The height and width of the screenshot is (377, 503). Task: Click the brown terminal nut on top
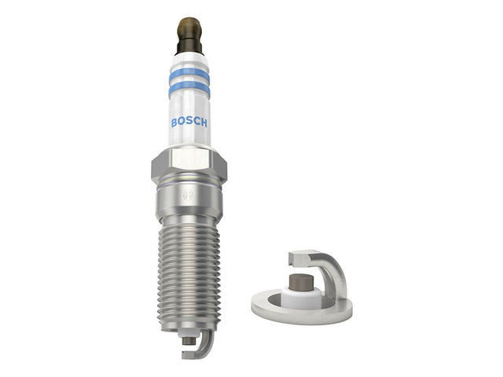pos(189,27)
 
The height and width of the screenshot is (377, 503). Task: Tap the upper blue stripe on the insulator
pos(189,75)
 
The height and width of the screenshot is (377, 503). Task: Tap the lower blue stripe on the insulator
pos(189,88)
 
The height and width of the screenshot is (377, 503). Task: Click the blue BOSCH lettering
pos(189,123)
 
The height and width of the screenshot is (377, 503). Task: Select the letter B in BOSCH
pos(174,123)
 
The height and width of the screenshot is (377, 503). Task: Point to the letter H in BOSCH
pos(204,122)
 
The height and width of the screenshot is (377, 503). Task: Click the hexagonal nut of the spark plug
pos(189,165)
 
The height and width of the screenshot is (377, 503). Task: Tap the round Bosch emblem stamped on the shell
pos(189,195)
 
